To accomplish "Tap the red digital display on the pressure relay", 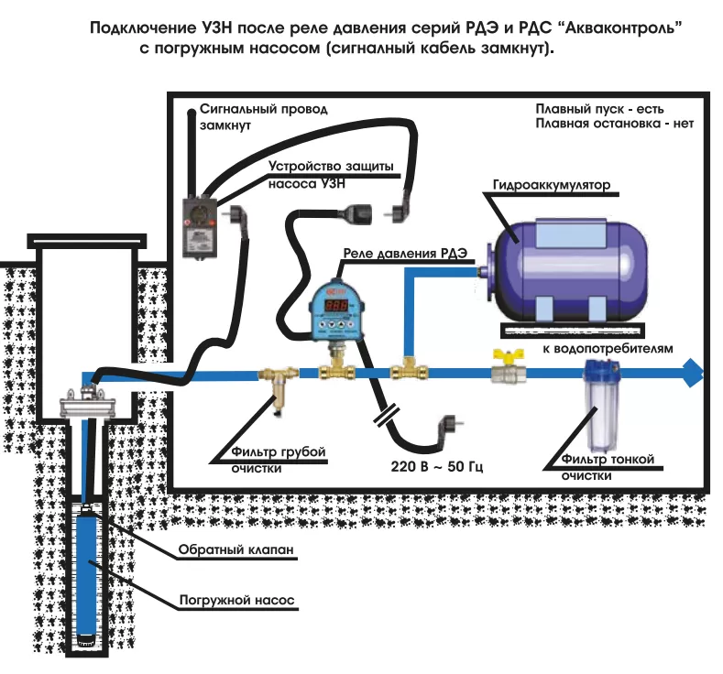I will point(336,305).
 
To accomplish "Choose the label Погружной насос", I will point(238,602).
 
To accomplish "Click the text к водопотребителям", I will point(608,349).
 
